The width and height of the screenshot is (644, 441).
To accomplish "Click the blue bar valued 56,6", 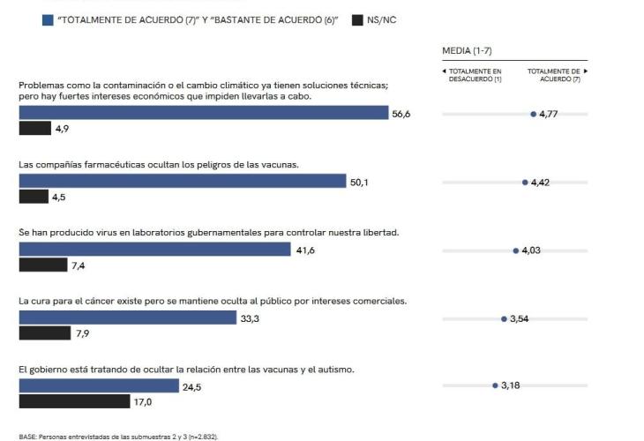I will [204, 113].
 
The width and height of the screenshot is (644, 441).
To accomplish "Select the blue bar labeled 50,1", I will [183, 181].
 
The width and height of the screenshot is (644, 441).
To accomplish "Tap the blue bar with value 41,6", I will [154, 250].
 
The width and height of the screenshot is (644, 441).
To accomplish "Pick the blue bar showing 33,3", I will [128, 318].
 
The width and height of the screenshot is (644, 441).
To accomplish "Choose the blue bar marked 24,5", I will [99, 385].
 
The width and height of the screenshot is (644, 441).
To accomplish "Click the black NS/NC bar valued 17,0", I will [74, 401].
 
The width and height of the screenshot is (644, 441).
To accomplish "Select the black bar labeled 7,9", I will [44, 333].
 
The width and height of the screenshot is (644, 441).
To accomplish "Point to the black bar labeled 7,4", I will [43, 265].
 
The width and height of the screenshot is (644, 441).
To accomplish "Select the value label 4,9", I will [63, 129].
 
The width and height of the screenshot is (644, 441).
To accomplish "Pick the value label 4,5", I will [59, 197].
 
